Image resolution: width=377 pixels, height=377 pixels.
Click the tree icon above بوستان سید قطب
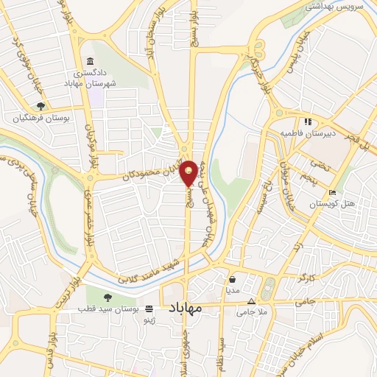(x=108, y=297)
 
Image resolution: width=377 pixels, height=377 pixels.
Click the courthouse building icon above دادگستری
(x=90, y=60)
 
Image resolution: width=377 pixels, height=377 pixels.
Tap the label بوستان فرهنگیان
(x=39, y=118)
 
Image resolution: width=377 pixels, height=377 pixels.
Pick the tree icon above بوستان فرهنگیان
(x=40, y=106)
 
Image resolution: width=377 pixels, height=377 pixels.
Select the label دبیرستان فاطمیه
(x=306, y=133)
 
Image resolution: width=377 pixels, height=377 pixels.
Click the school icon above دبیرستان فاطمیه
(x=307, y=121)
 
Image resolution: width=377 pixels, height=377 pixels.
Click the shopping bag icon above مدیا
(x=233, y=279)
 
